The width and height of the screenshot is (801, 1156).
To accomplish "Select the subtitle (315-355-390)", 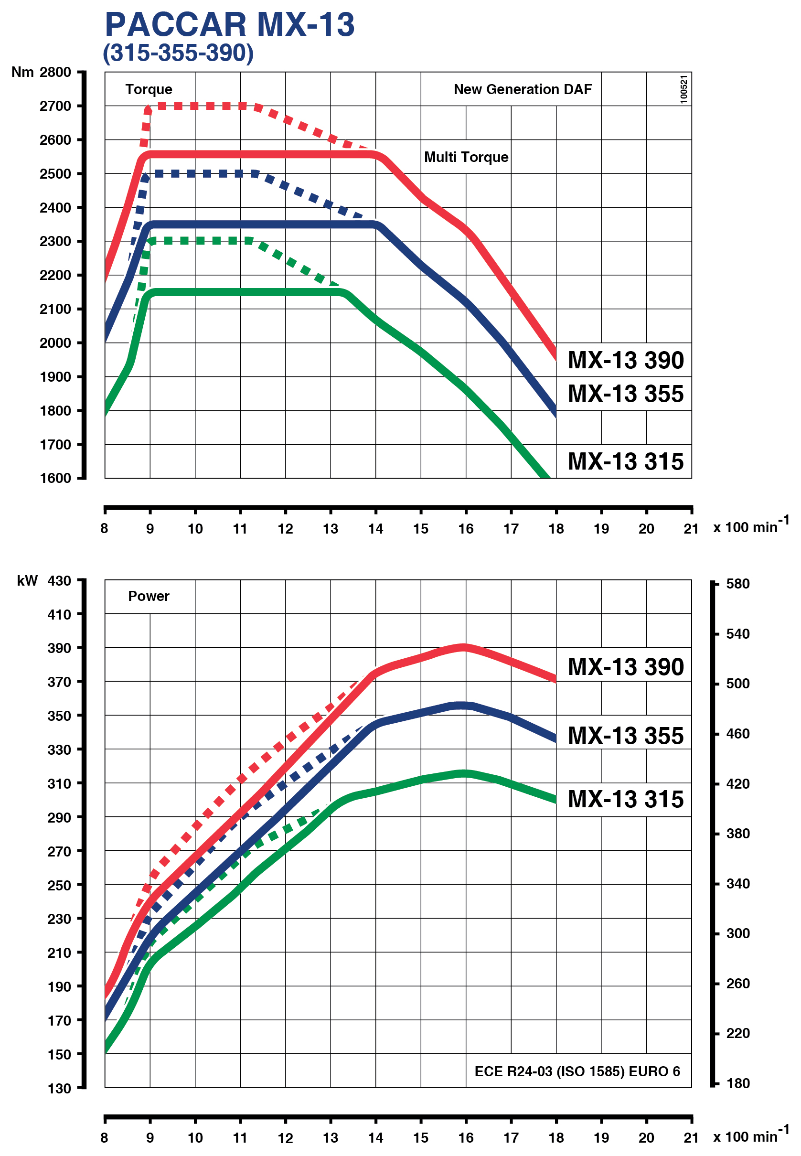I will click(x=178, y=53).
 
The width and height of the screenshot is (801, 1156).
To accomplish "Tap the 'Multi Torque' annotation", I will click(x=466, y=157).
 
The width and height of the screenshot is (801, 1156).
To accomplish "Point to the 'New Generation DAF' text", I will click(x=523, y=89).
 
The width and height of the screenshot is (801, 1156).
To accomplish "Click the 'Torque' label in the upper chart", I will click(x=149, y=89).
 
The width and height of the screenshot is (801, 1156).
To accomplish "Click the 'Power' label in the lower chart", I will click(x=149, y=596).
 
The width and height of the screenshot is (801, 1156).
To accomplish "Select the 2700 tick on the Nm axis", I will click(x=55, y=106).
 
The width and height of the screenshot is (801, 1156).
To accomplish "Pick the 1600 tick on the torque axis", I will click(x=55, y=478).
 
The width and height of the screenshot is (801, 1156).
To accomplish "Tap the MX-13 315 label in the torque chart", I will click(x=625, y=461).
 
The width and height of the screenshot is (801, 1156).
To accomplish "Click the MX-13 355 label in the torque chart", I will click(x=625, y=394).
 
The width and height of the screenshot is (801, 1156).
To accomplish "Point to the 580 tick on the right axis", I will click(x=737, y=583).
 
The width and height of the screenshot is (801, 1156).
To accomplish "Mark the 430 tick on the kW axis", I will click(x=59, y=581).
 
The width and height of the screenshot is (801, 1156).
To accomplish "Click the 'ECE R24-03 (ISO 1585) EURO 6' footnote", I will click(x=577, y=1071).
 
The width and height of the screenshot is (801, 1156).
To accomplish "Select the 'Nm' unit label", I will click(x=22, y=72).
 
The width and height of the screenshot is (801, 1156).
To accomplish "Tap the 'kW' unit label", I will click(x=27, y=581).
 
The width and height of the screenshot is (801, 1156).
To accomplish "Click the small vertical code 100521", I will click(x=684, y=89).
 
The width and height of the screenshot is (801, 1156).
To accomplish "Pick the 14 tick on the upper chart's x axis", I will click(x=375, y=528).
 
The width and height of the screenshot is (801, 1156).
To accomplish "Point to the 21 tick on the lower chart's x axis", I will click(x=691, y=1137).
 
